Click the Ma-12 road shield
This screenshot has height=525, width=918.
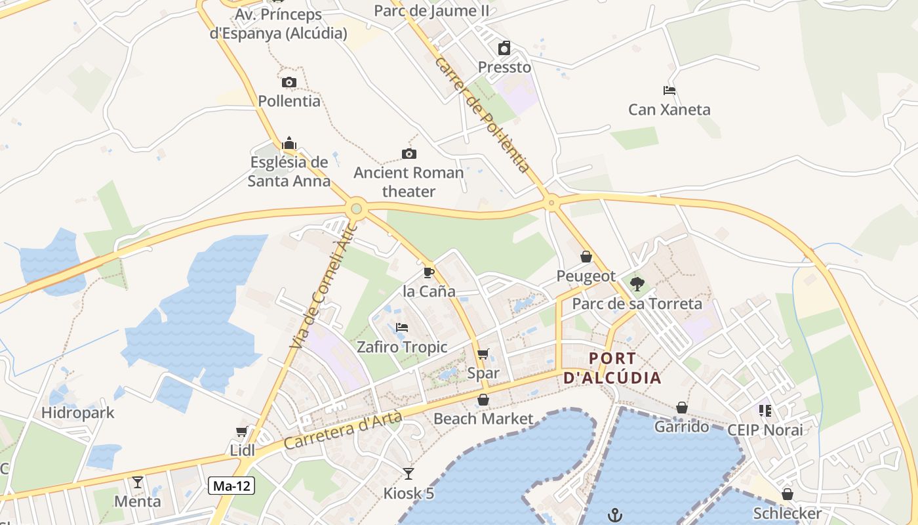(231, 486)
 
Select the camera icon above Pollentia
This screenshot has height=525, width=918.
(289, 82)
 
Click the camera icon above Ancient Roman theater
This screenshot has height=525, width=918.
(409, 154)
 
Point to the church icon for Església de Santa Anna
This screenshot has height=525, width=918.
(289, 143)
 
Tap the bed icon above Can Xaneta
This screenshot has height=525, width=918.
(669, 91)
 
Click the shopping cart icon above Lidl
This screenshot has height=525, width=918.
(242, 431)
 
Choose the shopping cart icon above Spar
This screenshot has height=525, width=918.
(483, 354)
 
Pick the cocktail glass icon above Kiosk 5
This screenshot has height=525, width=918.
(409, 473)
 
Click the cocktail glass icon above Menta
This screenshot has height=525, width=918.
(138, 482)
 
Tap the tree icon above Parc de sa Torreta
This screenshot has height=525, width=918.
(637, 284)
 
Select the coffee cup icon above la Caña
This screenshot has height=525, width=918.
(429, 272)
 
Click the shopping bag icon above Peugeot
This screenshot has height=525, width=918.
(586, 257)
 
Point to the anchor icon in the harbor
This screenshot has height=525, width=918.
(614, 514)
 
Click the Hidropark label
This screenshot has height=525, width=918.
(78, 413)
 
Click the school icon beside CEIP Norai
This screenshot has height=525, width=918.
(765, 411)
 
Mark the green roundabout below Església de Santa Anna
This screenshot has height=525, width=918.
(356, 209)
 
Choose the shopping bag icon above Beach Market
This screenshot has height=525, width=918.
(483, 400)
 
